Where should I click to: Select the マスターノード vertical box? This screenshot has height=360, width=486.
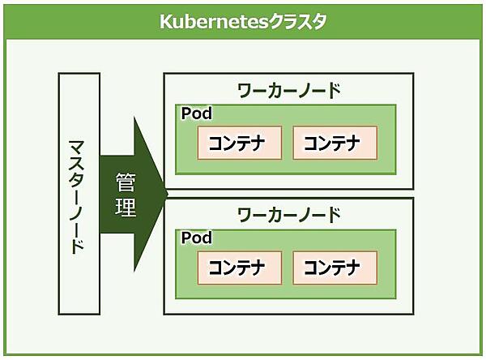79,194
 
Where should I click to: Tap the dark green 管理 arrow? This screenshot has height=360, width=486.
130,194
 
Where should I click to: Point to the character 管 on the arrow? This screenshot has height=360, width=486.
126,180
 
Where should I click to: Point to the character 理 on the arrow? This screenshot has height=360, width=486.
126,208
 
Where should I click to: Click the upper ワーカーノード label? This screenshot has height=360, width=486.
289,89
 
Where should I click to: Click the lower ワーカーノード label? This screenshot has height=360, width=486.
289,215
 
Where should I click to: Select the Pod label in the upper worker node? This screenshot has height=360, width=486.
196,113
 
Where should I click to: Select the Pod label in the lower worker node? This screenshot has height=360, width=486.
196,238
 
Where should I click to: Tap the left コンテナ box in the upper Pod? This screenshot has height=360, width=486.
239,143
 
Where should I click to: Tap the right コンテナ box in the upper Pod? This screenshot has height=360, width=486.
335,143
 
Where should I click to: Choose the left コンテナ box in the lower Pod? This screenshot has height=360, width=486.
239,268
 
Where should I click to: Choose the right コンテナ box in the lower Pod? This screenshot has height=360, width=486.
335,268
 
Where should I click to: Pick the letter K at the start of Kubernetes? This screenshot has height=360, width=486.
164,22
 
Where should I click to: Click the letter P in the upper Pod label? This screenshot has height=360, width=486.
185,113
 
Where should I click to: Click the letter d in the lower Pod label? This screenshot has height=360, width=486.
207,238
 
